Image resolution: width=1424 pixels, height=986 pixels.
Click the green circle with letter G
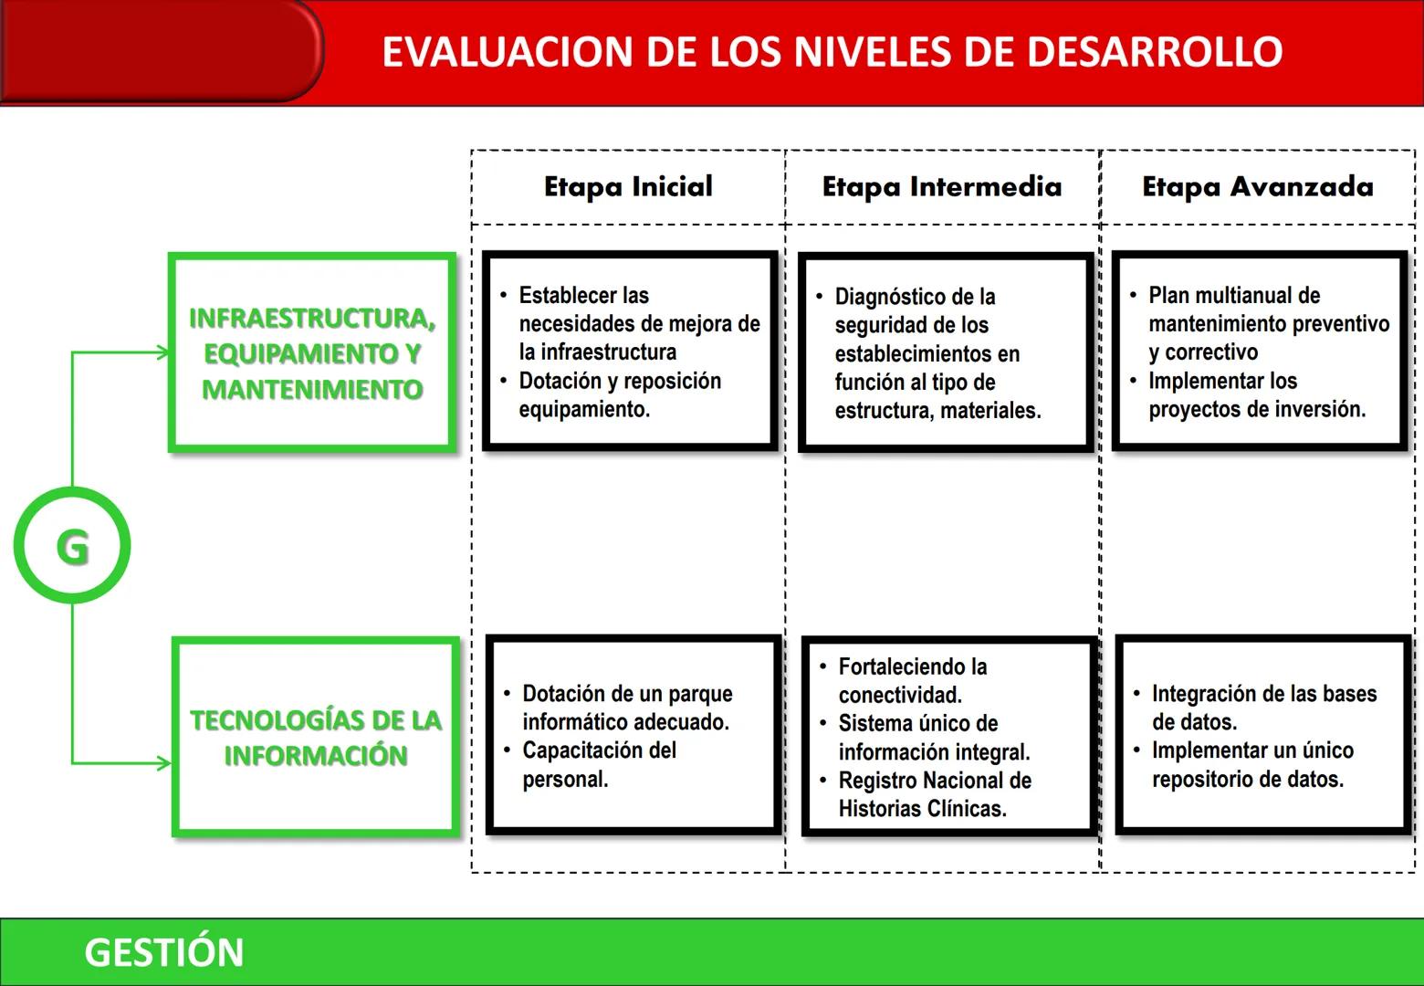(x=72, y=546)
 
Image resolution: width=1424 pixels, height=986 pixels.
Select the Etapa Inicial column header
(x=628, y=187)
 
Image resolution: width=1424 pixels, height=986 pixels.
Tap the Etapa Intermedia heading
(x=941, y=187)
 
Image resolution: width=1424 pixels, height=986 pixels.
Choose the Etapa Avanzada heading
(x=1257, y=187)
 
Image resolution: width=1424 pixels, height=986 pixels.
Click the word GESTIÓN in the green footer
(x=164, y=952)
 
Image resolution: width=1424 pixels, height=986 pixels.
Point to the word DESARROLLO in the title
(x=1155, y=52)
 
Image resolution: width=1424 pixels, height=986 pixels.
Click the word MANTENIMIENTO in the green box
(x=312, y=390)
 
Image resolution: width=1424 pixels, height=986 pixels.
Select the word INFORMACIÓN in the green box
(x=316, y=756)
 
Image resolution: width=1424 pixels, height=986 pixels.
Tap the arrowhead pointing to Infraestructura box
(x=163, y=352)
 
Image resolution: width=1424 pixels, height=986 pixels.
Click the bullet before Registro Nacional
(x=822, y=781)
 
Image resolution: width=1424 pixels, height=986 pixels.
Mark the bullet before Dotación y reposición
(x=503, y=381)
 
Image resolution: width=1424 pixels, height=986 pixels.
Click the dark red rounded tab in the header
(x=160, y=50)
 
